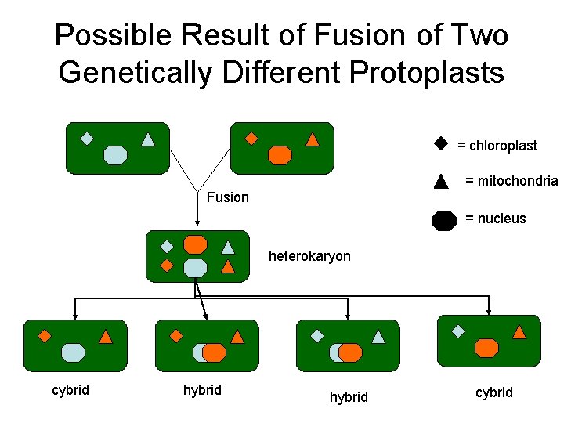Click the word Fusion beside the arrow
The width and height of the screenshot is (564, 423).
point(227,197)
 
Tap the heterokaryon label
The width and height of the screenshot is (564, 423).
point(309,256)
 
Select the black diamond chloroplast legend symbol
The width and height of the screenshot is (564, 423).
point(440,144)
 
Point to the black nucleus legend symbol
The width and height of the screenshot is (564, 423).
point(444,220)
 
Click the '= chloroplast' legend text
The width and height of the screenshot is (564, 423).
point(497,146)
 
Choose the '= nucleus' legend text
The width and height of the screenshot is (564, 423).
point(496,219)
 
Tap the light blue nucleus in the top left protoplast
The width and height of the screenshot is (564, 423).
point(115,154)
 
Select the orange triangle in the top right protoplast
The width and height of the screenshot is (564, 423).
point(312,140)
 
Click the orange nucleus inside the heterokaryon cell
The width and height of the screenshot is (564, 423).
point(195,244)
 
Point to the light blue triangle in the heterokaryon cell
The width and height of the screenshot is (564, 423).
point(228,247)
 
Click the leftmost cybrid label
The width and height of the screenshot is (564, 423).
point(70,390)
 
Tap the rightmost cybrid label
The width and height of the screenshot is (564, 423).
point(494,392)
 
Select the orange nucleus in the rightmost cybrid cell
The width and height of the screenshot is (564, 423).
point(486,348)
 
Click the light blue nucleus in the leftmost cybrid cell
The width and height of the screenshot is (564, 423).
point(73,352)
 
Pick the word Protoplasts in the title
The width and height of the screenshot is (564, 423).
point(426,72)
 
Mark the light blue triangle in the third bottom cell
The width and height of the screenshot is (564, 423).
point(378,337)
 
